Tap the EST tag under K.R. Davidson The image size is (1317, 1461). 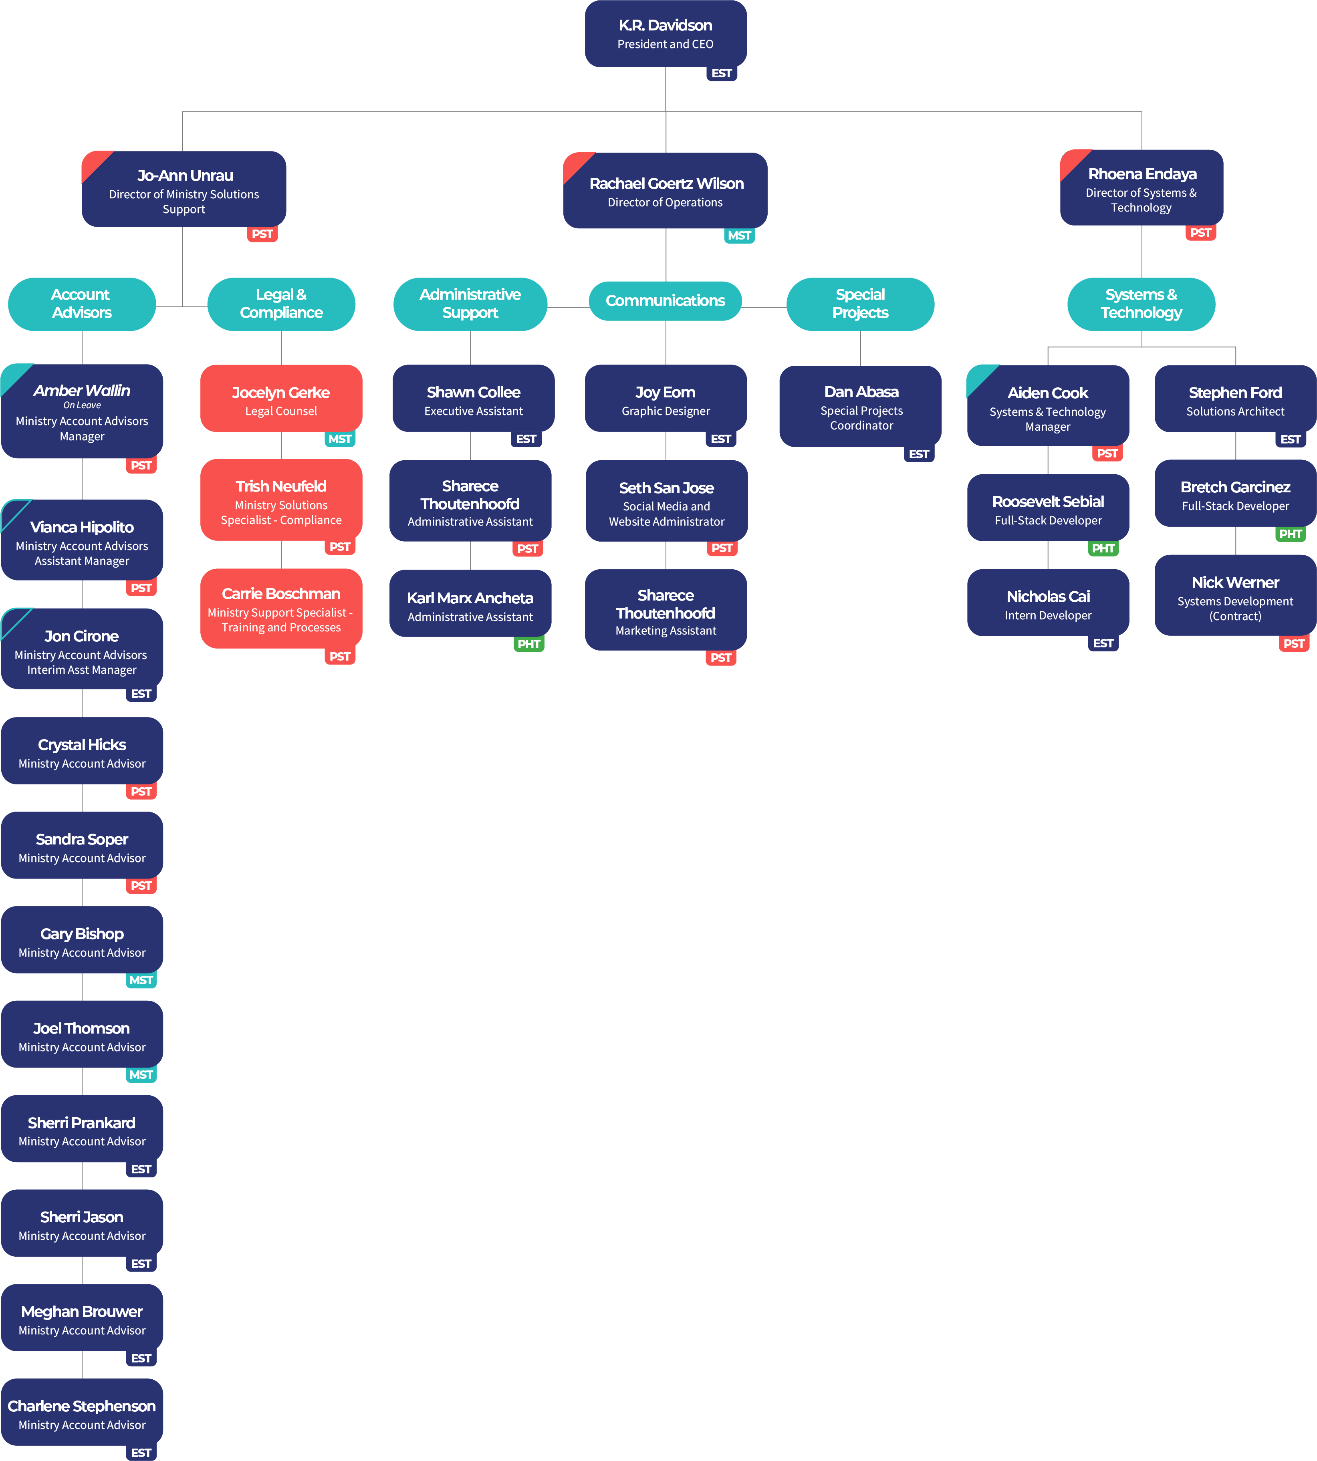tap(722, 73)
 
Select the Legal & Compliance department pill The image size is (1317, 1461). tap(281, 304)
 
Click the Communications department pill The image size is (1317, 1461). tap(665, 301)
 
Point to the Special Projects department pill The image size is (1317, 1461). tap(860, 304)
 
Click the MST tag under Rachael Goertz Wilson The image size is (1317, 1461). tap(739, 235)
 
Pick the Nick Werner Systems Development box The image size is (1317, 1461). tap(1235, 596)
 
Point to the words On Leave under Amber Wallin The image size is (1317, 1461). tap(82, 405)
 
